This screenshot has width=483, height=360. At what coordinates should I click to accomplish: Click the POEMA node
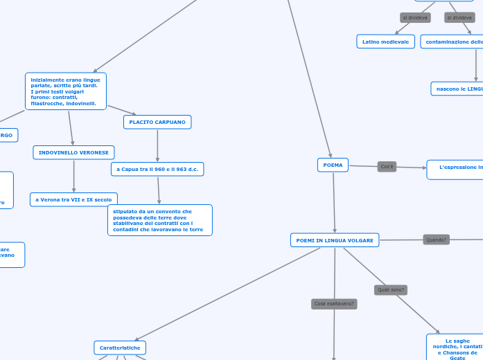333,165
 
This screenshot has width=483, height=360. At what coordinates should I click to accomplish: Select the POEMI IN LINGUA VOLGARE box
335,240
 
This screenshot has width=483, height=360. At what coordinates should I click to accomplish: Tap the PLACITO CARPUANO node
157,122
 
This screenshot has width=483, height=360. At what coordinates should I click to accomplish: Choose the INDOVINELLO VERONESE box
73,152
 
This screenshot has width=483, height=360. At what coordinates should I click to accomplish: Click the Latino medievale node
385,42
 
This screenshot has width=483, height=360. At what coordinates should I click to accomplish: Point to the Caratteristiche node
120,348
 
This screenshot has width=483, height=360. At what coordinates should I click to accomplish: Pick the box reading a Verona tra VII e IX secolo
73,199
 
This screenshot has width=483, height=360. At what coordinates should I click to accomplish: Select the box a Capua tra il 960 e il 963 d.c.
157,169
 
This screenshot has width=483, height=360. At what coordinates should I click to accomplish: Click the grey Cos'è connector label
387,167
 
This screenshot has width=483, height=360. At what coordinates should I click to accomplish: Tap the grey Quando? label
437,240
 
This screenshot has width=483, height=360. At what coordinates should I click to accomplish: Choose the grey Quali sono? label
391,290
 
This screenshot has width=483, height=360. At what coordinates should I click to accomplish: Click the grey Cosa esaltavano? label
334,304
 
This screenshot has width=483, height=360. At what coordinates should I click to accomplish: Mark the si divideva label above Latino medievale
415,17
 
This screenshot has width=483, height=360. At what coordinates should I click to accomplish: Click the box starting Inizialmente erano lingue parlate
66,91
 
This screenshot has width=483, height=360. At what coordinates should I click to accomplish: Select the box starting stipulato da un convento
160,220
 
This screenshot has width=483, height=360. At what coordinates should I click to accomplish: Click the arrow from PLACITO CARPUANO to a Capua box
157,145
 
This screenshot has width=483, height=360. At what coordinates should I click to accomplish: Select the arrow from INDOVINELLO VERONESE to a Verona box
73,176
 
